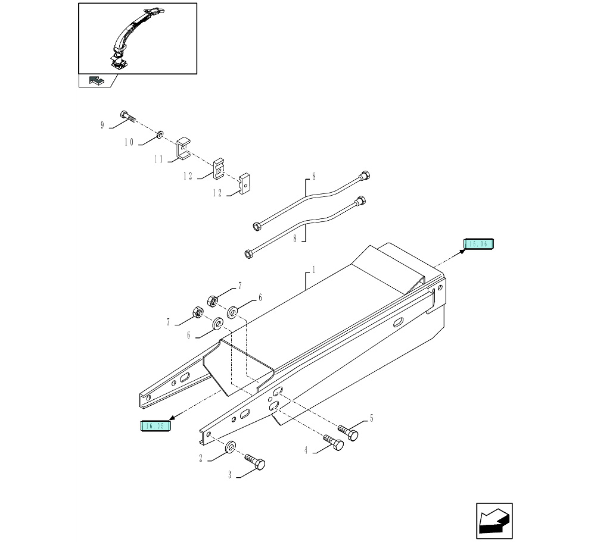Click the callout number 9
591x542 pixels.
click(x=102, y=125)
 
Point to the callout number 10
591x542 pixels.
click(x=129, y=143)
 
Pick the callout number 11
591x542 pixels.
click(x=158, y=160)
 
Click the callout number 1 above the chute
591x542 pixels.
click(x=314, y=270)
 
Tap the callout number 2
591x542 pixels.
click(x=201, y=458)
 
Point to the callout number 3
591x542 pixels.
click(x=229, y=475)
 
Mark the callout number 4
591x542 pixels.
click(x=306, y=450)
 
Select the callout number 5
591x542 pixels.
click(x=371, y=418)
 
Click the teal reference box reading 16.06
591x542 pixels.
click(x=479, y=244)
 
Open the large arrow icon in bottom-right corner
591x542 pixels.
click(x=494, y=521)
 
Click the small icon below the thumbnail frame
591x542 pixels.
click(x=95, y=80)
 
